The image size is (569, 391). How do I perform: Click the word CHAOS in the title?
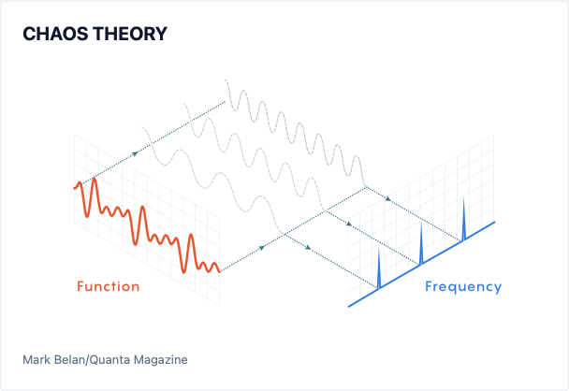coord(56,34)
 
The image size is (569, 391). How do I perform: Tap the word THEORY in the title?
coord(130,34)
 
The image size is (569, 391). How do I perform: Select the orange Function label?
coord(109,286)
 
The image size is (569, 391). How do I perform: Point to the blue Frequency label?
coord(463,287)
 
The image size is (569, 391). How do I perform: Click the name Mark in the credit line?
coord(36,360)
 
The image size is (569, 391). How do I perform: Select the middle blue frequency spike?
coord(421,245)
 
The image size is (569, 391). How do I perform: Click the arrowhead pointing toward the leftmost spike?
coord(308,248)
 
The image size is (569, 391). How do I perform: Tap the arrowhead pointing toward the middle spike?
coord(349,224)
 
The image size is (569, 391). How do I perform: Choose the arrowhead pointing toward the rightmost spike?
coord(388,198)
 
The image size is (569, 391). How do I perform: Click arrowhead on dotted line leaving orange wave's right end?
coord(262,248)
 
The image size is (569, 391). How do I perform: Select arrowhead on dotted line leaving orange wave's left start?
coord(135,153)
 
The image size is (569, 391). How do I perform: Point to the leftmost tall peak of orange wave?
coord(95,179)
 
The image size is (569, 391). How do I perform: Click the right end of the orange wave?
coord(220,271)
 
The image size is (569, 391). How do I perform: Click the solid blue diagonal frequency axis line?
coord(421,265)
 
